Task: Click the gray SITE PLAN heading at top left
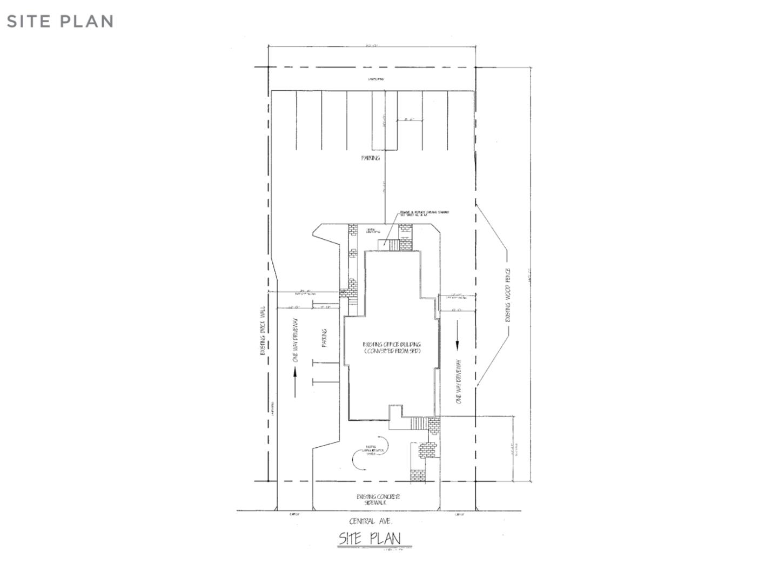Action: coord(60,22)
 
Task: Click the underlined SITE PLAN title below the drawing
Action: coord(370,539)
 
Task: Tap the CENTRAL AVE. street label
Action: coord(371,521)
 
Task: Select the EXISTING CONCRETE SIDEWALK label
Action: coord(378,500)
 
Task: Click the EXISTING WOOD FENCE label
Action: coord(507,295)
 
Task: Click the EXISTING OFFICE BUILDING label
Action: coord(392,347)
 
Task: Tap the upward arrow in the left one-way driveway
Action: coord(295,382)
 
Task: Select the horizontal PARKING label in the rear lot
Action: coord(371,158)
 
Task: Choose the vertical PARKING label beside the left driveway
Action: coord(325,338)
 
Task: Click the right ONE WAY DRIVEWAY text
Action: coord(459,381)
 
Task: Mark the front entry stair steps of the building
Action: coord(419,423)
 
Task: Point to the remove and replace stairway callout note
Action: coord(424,214)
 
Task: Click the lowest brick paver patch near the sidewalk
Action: coord(418,475)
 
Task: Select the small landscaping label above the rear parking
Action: coord(376,79)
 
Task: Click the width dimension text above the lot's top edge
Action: coord(372,46)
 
